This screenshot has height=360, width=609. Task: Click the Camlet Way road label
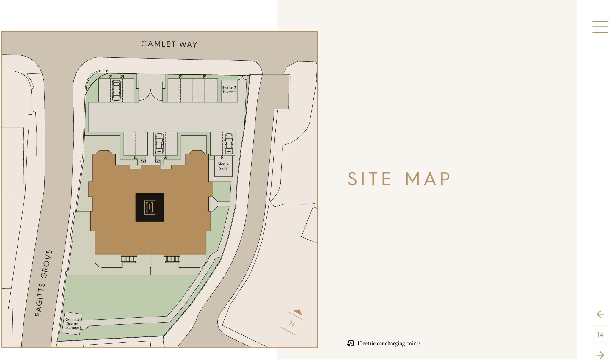coord(169,44)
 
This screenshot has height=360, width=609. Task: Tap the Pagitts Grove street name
coord(44,283)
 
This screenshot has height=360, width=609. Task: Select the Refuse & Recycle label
coord(229,90)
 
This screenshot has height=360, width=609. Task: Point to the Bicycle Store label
coord(223,166)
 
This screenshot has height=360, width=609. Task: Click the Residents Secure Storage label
coord(73,323)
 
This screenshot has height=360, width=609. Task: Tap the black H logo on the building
coord(150,207)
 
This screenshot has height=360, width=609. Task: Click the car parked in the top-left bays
coord(116,90)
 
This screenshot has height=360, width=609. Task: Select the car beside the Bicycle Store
coord(229,143)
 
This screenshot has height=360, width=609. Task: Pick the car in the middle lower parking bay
coord(159,143)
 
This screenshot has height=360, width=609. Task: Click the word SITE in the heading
coord(370,179)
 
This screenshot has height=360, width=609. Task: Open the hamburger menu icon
coord(600,27)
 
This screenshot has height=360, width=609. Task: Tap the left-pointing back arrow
coord(600,314)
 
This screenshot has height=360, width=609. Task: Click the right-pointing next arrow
coord(600,355)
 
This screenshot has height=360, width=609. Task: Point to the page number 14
coord(600,335)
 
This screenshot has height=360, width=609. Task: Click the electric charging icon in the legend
coord(351,344)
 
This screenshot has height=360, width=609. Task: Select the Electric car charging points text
coord(389,343)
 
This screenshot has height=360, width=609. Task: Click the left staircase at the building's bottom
coord(128,259)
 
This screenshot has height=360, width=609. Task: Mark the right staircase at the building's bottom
coord(172,259)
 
